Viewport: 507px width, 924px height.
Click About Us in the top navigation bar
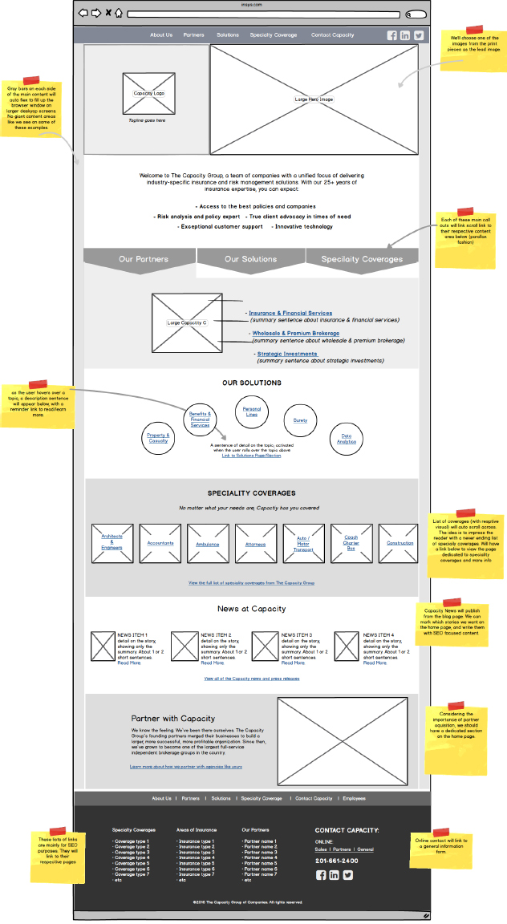(x=161, y=35)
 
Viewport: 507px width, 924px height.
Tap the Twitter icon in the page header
(x=418, y=35)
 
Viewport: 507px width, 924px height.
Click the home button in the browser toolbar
(x=119, y=13)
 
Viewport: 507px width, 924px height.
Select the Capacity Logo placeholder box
(x=149, y=93)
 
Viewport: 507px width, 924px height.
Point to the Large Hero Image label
(x=314, y=99)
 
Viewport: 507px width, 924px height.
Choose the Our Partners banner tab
(x=143, y=259)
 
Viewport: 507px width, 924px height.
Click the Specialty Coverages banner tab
(x=362, y=259)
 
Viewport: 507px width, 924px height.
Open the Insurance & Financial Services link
(x=290, y=314)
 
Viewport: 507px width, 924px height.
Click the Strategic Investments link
(x=287, y=354)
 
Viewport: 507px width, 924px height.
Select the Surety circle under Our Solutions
(x=300, y=420)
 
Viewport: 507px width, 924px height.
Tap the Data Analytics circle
(x=347, y=439)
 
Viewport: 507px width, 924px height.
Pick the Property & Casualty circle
(x=158, y=438)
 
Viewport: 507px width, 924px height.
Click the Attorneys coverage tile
(x=255, y=544)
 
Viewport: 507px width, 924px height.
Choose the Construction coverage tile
(x=399, y=543)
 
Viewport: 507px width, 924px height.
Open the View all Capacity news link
(x=251, y=679)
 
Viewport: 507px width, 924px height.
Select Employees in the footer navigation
(x=354, y=798)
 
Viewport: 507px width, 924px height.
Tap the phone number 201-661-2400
(x=336, y=861)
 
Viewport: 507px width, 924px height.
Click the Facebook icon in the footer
(x=321, y=875)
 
